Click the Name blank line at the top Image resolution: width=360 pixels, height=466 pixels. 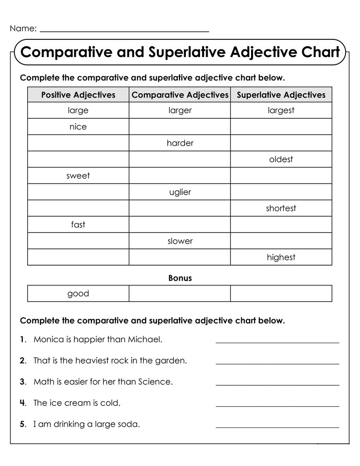[125, 31]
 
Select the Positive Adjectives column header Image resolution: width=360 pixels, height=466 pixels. [78, 95]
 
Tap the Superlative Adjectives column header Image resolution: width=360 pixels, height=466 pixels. [281, 95]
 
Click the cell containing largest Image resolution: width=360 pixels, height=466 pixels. [281, 110]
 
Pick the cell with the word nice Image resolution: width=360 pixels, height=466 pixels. [78, 127]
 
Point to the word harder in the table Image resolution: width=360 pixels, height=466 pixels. [180, 143]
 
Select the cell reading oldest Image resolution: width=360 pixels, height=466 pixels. [281, 160]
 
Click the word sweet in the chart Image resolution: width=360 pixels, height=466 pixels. [78, 176]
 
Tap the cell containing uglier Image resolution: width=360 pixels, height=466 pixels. [180, 192]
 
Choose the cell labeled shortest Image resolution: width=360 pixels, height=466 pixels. [281, 209]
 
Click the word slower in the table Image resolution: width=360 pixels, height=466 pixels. [180, 241]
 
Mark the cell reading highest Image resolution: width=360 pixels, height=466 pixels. [281, 257]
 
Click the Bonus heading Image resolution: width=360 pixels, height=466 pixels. [180, 278]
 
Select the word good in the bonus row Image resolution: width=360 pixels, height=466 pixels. [78, 294]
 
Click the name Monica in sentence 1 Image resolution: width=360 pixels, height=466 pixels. [47, 340]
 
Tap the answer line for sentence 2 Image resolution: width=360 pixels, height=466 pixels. [277, 363]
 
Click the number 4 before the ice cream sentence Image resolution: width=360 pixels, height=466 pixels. [23, 403]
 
